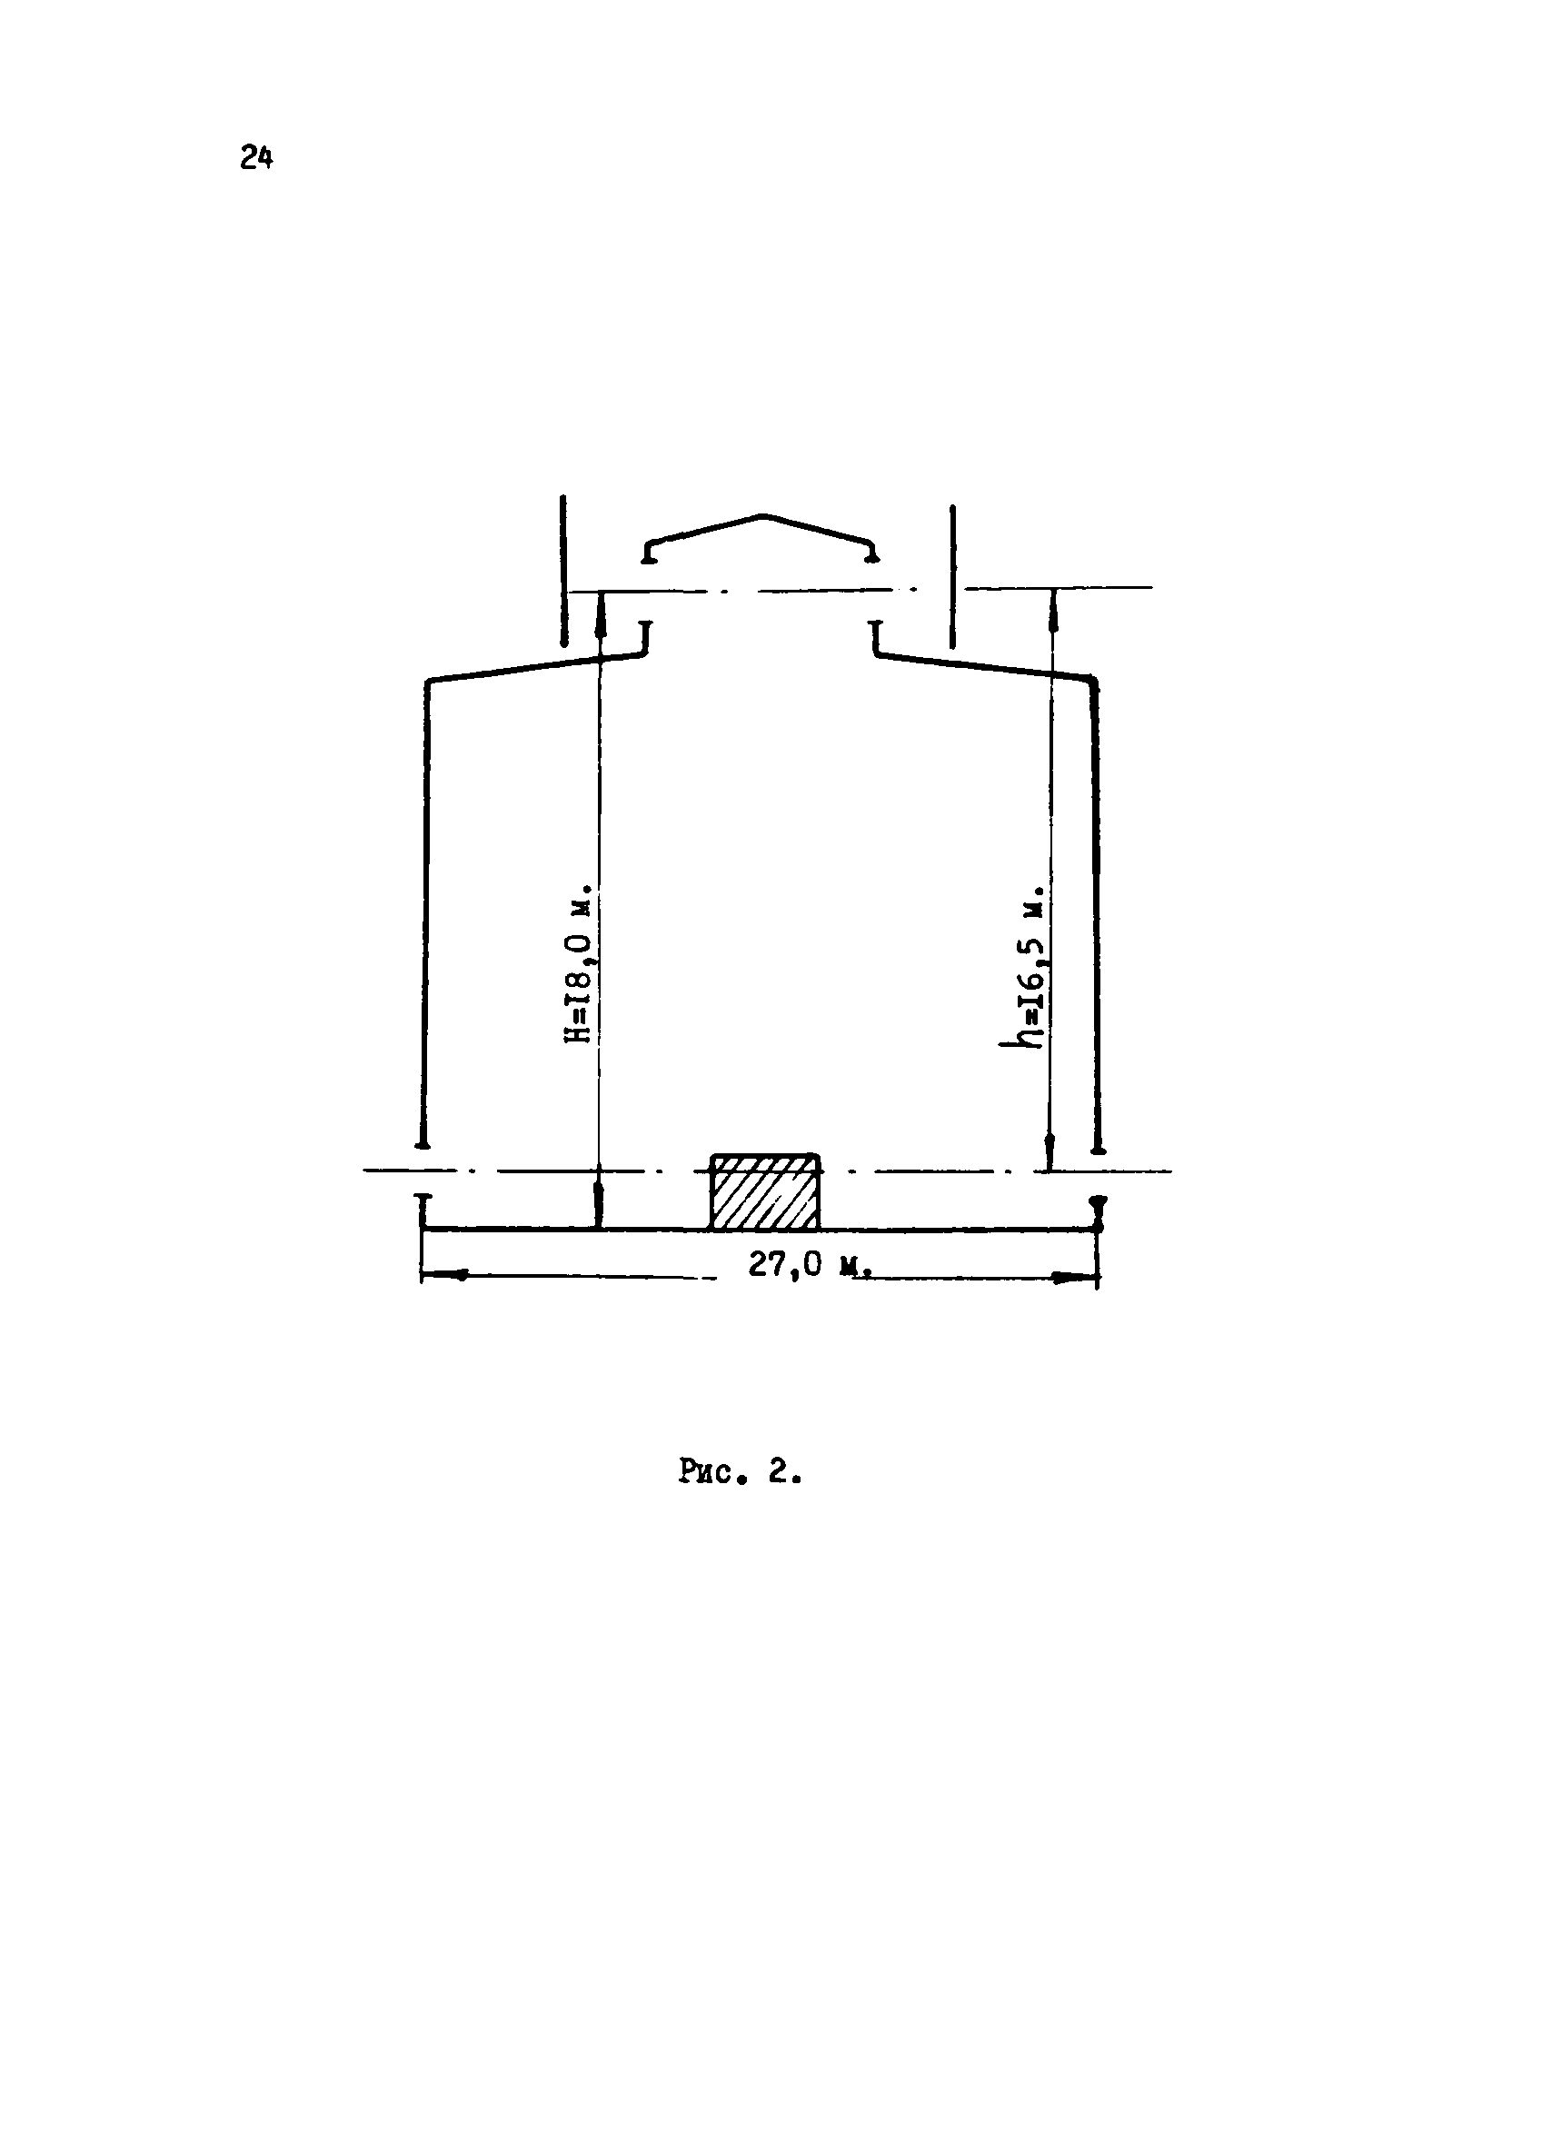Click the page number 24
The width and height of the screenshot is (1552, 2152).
(x=256, y=157)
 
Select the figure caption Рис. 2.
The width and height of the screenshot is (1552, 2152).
(x=741, y=1471)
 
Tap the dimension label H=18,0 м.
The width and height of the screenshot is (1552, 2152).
(x=580, y=963)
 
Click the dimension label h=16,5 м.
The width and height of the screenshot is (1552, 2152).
(x=1029, y=967)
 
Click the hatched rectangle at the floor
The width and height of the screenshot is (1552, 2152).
(x=764, y=1191)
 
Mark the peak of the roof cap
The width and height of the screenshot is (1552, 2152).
(x=762, y=516)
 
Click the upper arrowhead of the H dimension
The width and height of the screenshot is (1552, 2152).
(x=600, y=607)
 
